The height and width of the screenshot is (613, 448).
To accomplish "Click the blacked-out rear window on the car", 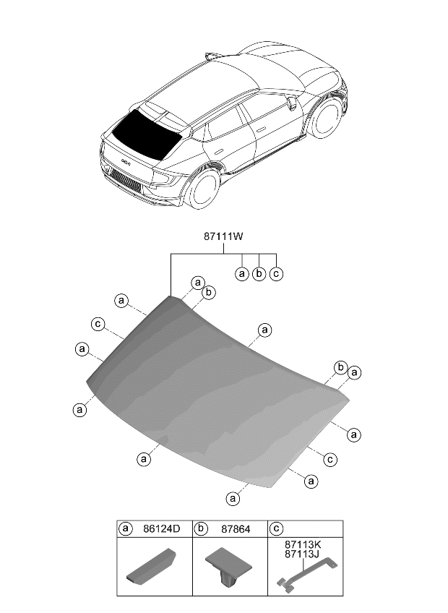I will tap(145, 134).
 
